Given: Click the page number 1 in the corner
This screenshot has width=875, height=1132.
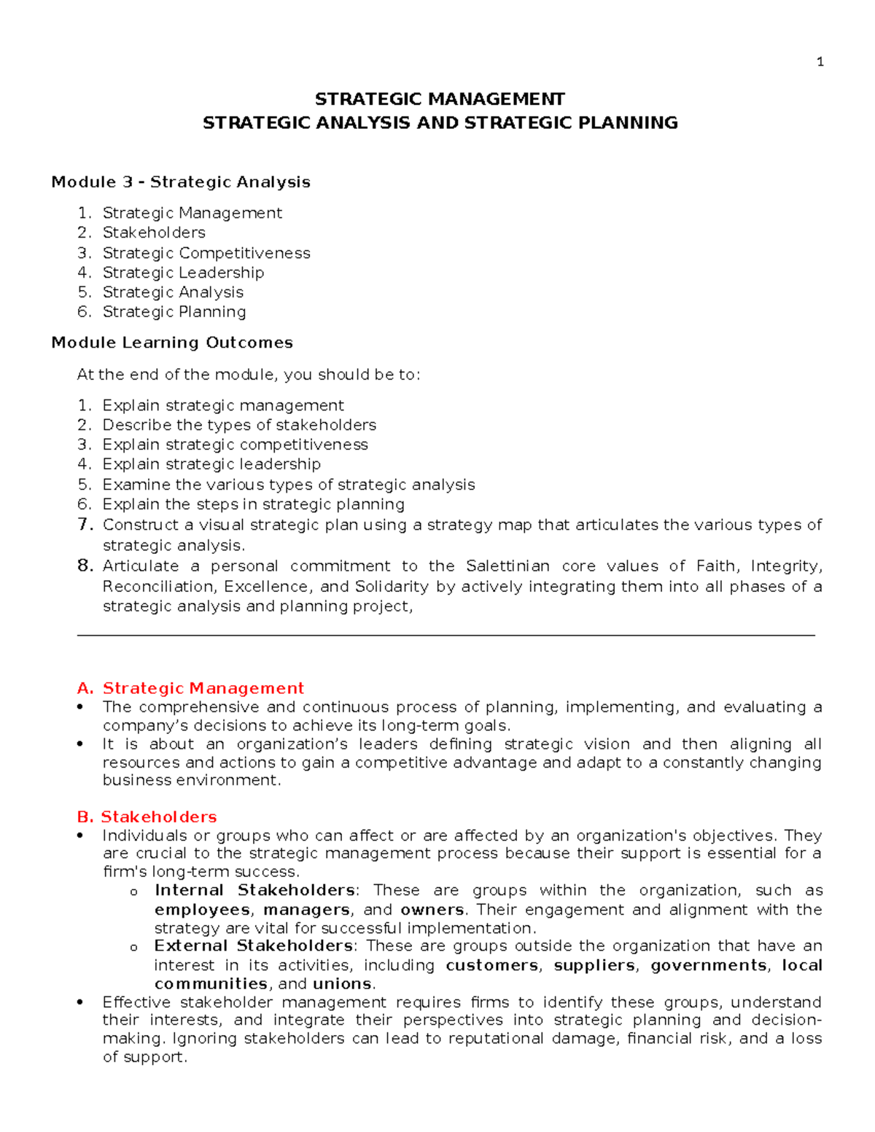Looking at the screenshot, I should [820, 62].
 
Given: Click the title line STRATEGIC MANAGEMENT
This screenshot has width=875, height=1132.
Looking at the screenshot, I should [440, 99].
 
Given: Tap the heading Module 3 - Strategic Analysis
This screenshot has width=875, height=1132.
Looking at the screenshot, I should [181, 182].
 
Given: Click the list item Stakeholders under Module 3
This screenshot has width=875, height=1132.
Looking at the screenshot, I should [154, 233].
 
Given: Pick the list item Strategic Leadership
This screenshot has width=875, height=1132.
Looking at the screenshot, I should [183, 273].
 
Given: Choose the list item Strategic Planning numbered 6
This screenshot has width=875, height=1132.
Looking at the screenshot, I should [174, 312].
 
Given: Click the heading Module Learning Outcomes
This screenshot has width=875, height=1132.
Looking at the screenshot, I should [172, 343].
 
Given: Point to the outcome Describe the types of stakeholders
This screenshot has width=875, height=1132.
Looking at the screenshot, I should [239, 425].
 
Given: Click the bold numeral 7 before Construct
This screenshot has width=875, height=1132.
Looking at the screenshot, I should [85, 524].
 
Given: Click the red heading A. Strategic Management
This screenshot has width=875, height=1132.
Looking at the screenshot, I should [190, 688].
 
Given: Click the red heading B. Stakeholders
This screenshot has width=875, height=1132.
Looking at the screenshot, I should [147, 817].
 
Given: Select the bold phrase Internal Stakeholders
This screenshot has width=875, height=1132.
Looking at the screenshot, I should [254, 891].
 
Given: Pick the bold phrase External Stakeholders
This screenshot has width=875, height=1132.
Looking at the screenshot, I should [254, 946].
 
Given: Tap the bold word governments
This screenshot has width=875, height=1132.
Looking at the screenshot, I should [708, 966].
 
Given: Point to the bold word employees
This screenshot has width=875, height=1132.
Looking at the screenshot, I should [202, 910].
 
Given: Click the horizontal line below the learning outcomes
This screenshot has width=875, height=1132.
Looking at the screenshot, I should [446, 636].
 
